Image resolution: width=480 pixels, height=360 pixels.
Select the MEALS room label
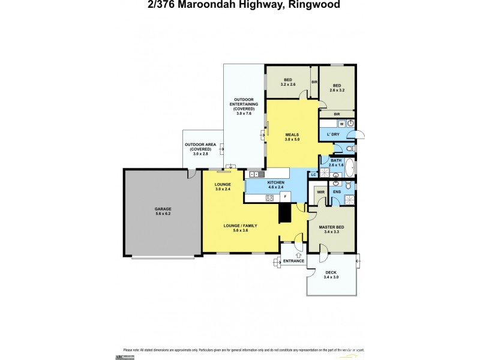(292, 135)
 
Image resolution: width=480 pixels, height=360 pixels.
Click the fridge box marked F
(285, 196)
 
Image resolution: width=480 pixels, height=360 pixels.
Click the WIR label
(320, 192)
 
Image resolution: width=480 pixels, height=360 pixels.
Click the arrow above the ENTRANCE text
(291, 255)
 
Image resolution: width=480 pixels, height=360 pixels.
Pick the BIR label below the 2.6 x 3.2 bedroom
(337, 113)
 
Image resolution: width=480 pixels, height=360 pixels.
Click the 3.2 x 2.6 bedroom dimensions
(288, 85)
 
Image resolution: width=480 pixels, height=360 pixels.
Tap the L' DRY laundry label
(333, 134)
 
